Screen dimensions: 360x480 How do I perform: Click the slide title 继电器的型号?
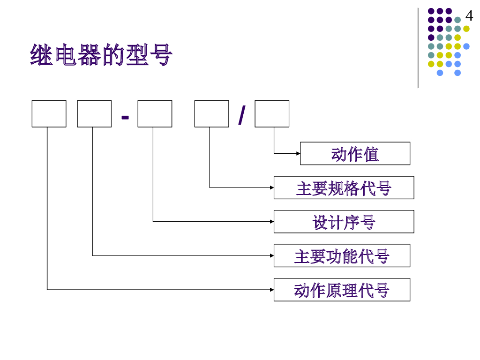click(101, 55)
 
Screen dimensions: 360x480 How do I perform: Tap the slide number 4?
click(469, 16)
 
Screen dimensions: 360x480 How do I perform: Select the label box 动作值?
click(355, 154)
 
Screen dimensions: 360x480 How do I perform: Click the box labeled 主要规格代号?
click(344, 188)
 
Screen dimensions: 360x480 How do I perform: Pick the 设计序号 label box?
click(344, 222)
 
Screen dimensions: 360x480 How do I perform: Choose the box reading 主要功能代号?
click(342, 256)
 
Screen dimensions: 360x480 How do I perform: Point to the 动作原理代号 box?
click(342, 290)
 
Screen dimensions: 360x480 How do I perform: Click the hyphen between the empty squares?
click(125, 116)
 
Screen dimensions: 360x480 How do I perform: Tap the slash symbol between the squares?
click(241, 115)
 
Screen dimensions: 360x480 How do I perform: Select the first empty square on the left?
click(49, 114)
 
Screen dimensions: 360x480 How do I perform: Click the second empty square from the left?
click(94, 114)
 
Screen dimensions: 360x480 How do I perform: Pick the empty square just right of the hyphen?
click(155, 114)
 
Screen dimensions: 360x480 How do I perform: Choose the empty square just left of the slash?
click(211, 114)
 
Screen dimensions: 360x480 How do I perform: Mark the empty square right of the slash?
click(272, 114)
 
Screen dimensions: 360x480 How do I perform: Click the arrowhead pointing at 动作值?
click(298, 153)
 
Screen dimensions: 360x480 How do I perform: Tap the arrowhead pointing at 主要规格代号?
click(272, 187)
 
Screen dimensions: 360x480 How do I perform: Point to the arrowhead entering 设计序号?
click(272, 221)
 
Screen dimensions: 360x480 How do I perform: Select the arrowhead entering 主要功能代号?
click(272, 255)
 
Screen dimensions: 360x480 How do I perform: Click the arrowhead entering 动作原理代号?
click(272, 290)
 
